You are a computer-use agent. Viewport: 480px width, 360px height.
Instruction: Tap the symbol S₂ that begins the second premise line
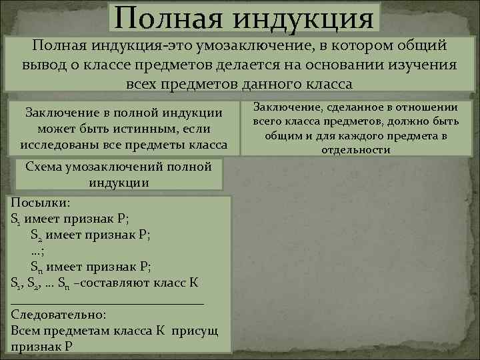coord(37,235)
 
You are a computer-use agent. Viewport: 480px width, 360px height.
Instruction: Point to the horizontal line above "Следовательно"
coord(107,301)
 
